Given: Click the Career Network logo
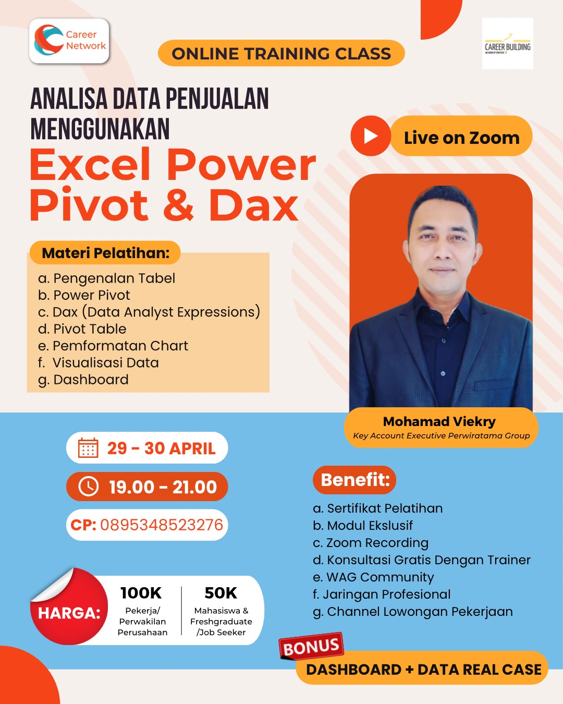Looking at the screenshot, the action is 69,41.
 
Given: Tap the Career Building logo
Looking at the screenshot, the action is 507,43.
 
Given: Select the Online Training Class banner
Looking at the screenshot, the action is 281,53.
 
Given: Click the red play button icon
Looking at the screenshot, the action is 371,136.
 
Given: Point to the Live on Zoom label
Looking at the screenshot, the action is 461,138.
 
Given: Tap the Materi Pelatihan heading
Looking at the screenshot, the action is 105,253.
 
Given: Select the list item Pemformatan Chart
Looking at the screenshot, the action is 113,346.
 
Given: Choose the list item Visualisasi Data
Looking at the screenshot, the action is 99,363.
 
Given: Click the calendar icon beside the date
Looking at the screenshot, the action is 88,448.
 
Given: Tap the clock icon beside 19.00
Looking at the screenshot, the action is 88,487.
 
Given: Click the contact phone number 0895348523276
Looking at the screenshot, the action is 162,525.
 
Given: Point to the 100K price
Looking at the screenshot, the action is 141,593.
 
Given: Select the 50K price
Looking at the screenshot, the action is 221,593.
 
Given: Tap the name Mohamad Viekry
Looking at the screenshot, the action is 439,422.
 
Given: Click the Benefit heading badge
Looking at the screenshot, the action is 354,480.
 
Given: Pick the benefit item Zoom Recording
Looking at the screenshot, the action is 371,543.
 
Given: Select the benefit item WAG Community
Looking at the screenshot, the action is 373,577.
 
